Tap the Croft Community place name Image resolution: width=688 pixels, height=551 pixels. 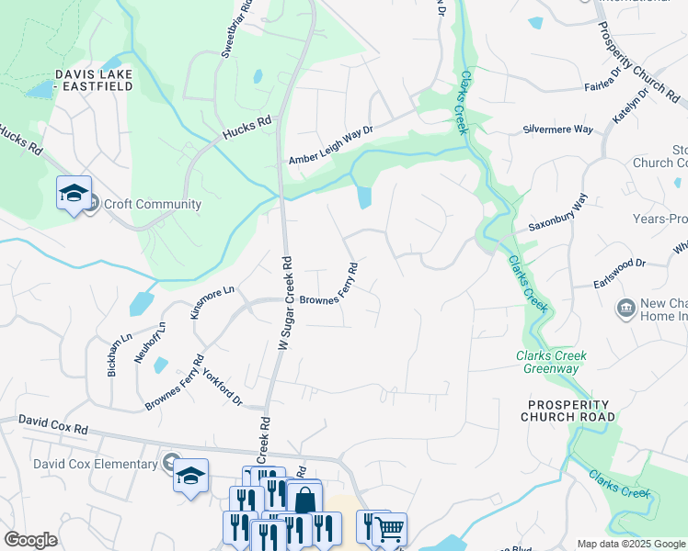pyautogui.click(x=153, y=204)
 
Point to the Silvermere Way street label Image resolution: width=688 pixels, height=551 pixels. pyautogui.click(x=557, y=129)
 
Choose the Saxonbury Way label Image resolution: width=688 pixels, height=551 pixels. pyautogui.click(x=557, y=214)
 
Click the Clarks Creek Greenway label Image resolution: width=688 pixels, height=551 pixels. pyautogui.click(x=551, y=362)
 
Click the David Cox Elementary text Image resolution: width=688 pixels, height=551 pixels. pyautogui.click(x=95, y=464)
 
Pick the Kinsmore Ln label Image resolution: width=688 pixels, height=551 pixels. pyautogui.click(x=212, y=301)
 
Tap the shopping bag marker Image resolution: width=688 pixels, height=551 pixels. pyautogui.click(x=304, y=500)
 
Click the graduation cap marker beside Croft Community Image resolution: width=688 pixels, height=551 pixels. pyautogui.click(x=74, y=193)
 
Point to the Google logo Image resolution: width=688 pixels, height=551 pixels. pyautogui.click(x=30, y=540)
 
